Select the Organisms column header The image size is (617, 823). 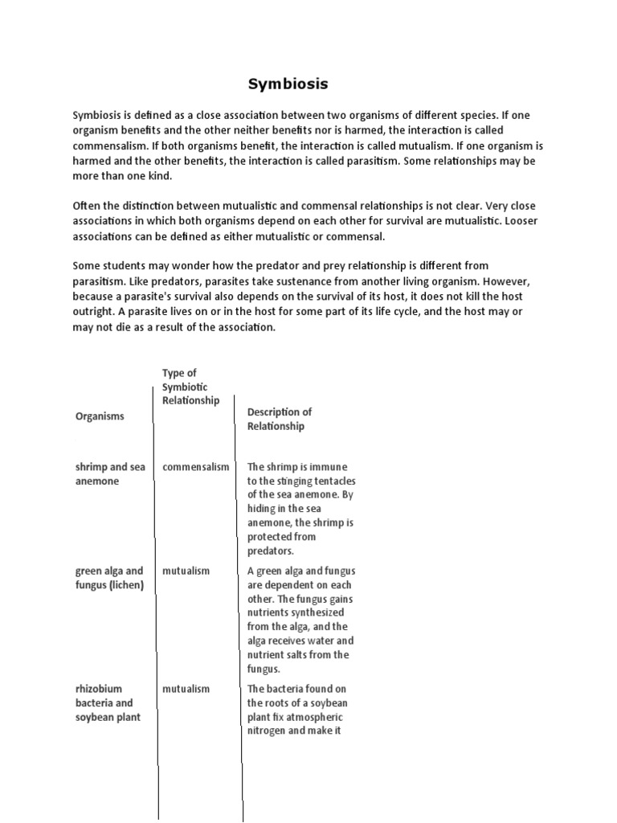pyautogui.click(x=100, y=416)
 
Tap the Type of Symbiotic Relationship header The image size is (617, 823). pyautogui.click(x=190, y=387)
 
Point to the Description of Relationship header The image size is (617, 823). pyautogui.click(x=280, y=419)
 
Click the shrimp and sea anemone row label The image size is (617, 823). pyautogui.click(x=110, y=473)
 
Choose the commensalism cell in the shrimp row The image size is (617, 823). pyautogui.click(x=195, y=467)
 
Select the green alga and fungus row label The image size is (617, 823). pyautogui.click(x=109, y=577)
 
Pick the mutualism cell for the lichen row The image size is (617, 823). pyautogui.click(x=186, y=571)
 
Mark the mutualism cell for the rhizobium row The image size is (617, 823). pyautogui.click(x=186, y=689)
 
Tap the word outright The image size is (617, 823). pyautogui.click(x=94, y=312)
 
